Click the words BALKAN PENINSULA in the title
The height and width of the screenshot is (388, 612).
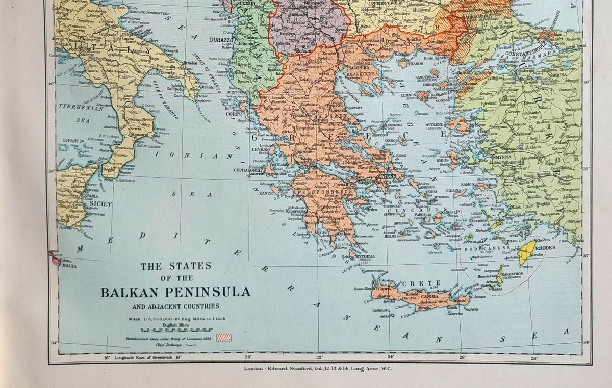(175, 292)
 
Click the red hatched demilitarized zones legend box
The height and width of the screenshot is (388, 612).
(224, 338)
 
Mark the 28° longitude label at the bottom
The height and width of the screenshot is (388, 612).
(534, 357)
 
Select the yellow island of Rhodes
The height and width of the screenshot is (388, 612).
(525, 252)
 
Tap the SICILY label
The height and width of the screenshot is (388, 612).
(100, 204)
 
